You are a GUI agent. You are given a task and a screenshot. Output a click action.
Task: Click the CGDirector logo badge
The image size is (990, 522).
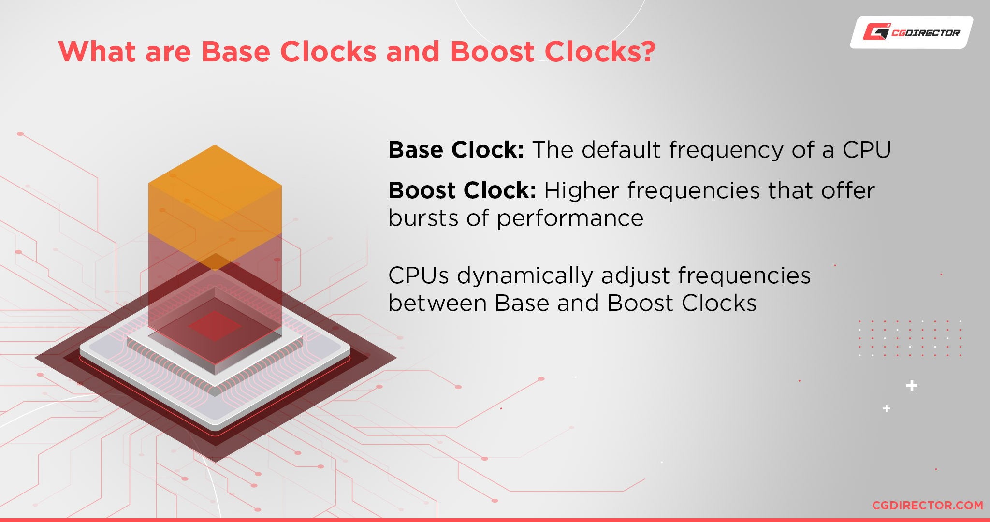(911, 32)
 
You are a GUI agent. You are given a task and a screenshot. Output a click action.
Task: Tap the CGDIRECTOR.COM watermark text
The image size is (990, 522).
(927, 505)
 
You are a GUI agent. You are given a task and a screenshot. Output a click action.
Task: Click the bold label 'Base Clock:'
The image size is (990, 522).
(456, 150)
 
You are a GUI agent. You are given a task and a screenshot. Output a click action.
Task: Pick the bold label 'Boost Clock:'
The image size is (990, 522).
(462, 190)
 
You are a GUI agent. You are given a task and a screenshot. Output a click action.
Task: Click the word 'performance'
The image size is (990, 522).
(570, 219)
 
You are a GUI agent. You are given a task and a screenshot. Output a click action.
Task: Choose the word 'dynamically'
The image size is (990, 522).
(525, 276)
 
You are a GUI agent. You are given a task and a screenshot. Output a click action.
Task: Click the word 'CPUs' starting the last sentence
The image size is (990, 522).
(418, 275)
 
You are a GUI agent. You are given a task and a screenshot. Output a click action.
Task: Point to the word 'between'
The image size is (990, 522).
(437, 303)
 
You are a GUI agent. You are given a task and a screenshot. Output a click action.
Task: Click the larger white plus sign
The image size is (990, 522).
(912, 386)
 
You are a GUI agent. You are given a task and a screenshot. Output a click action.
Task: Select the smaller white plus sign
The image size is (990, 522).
(887, 408)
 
